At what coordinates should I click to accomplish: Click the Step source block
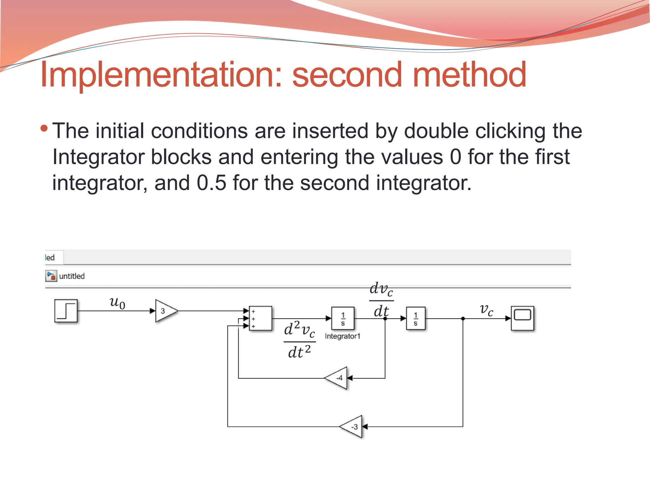(x=66, y=311)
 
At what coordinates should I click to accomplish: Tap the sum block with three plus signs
(x=260, y=318)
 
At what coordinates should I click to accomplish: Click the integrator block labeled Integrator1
(x=343, y=318)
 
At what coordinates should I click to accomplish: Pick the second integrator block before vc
(x=415, y=318)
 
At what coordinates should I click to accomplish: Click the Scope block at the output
(x=522, y=318)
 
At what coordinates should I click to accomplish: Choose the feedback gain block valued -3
(x=352, y=427)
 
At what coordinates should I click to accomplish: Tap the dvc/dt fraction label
(x=381, y=300)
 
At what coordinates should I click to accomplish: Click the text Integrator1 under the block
(x=342, y=336)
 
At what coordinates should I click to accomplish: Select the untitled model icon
(x=51, y=276)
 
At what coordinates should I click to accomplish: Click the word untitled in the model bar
(x=72, y=276)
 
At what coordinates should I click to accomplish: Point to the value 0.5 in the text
(x=211, y=183)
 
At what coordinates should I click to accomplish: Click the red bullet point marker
(x=44, y=128)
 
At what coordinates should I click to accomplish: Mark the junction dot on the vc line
(x=463, y=318)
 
